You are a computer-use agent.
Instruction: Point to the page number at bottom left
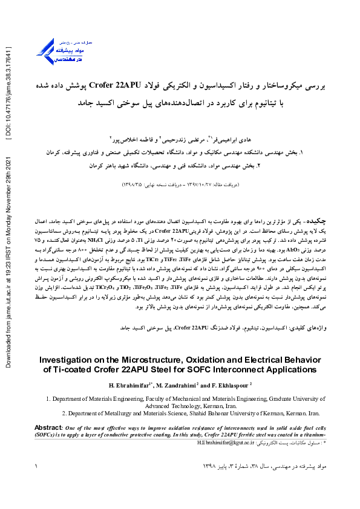tap(37, 466)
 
